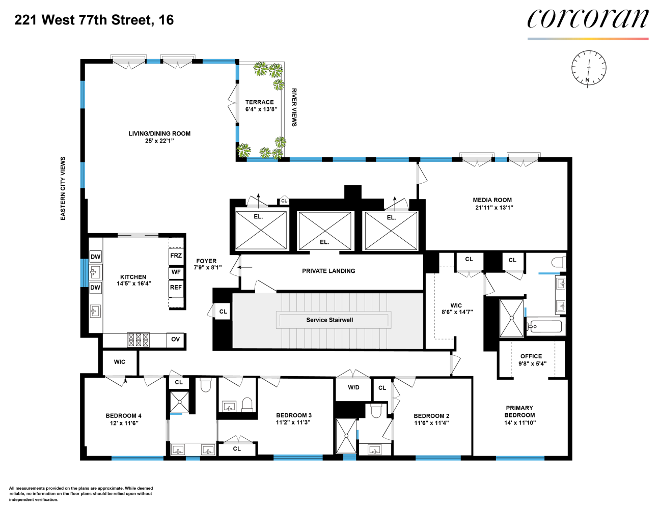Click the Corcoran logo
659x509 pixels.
click(x=588, y=20)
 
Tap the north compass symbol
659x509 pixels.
click(x=589, y=68)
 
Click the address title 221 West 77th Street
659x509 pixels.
click(x=94, y=20)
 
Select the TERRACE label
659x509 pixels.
click(x=259, y=102)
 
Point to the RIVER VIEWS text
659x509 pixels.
click(x=294, y=107)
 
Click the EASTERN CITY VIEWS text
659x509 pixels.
click(x=63, y=188)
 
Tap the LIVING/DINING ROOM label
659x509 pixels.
click(x=159, y=134)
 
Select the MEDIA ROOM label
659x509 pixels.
click(x=492, y=200)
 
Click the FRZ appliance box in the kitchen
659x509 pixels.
click(x=176, y=256)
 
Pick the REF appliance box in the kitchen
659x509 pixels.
click(x=176, y=288)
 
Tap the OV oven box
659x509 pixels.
click(x=175, y=340)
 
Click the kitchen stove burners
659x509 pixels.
click(x=138, y=340)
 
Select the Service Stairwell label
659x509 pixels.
click(x=329, y=320)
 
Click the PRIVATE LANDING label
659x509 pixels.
click(x=328, y=271)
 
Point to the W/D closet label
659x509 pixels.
click(x=353, y=388)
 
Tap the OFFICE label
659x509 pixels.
click(x=531, y=356)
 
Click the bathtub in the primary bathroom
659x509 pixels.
click(x=545, y=326)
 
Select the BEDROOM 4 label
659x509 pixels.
click(x=123, y=416)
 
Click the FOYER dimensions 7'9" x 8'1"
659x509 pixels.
click(x=207, y=268)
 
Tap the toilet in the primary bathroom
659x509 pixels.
click(x=559, y=262)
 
